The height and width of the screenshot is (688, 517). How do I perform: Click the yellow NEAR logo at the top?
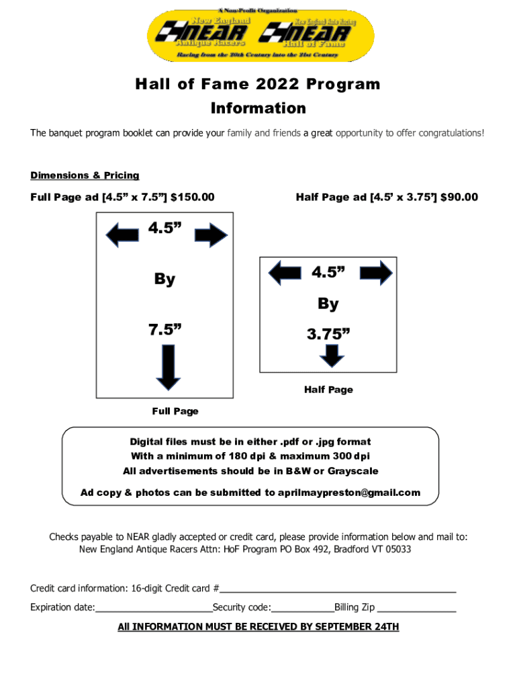point(261,36)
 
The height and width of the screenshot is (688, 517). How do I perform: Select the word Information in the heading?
point(258,108)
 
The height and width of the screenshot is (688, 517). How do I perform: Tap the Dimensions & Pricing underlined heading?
point(85,175)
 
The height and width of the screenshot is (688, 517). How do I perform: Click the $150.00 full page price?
point(193,197)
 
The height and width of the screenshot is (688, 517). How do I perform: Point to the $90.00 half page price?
point(459,197)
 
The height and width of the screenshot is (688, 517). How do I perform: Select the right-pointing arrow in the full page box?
point(212,235)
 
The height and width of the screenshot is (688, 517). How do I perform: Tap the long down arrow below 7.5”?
point(168,367)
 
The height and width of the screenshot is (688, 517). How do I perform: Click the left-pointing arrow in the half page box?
point(284,273)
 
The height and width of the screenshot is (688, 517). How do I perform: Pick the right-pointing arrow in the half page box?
point(376,273)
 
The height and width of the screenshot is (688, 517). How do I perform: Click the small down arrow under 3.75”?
point(332,355)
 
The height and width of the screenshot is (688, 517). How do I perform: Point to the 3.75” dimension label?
point(328,334)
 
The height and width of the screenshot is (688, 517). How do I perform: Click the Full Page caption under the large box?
point(175,411)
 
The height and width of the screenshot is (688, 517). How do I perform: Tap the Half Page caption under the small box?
point(328,390)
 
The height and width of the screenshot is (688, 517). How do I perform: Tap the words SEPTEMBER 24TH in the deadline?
point(357,627)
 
